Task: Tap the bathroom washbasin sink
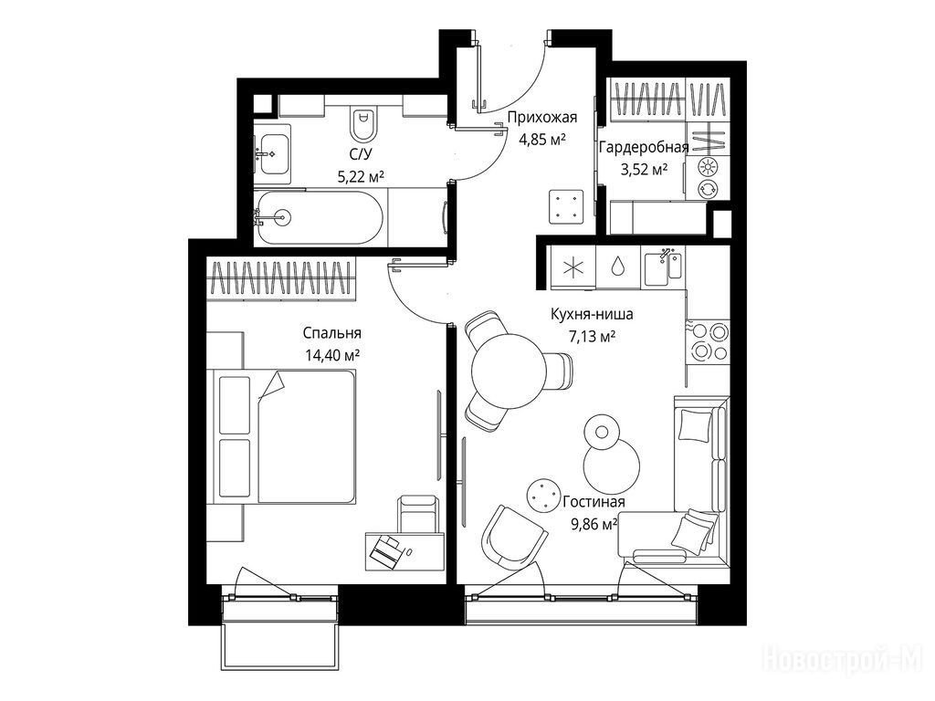272,153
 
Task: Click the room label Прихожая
542,118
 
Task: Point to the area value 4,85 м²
542,140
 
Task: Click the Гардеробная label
644,147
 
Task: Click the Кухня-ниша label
592,314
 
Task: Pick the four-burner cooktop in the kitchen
709,340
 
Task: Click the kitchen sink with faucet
664,267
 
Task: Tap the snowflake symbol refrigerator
573,267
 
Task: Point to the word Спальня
332,332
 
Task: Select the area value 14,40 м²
332,356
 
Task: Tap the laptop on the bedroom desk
387,549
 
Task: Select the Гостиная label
594,502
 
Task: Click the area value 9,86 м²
594,525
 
